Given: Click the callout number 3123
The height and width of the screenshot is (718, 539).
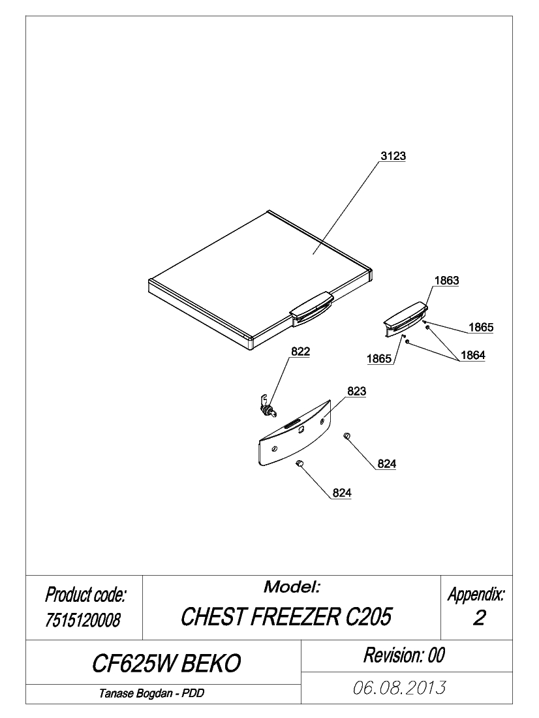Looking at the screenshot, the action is tap(393, 156).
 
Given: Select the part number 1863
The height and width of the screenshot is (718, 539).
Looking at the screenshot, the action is tap(446, 280).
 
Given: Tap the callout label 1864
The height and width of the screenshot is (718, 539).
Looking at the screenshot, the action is tap(473, 355).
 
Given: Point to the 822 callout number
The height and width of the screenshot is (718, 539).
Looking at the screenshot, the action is tap(300, 351).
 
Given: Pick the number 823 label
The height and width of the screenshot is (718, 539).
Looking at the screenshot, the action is tap(357, 391).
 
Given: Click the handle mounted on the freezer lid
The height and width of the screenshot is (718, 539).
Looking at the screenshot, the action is tap(311, 310).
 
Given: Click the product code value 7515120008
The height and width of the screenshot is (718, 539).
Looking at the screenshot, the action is tap(83, 620).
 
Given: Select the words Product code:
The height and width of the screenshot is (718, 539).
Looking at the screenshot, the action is tap(85, 595).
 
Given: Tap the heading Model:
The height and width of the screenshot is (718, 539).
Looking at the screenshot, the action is tap(292, 587).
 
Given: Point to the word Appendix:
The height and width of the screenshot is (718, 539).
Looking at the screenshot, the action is tap(476, 595).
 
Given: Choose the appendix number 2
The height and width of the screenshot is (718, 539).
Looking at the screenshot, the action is tap(479, 618).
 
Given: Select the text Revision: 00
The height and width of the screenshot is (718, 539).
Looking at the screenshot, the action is tap(404, 655).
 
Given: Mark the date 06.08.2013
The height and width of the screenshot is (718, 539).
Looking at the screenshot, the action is tap(399, 687).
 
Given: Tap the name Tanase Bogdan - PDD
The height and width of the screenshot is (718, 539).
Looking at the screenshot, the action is tap(151, 693).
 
